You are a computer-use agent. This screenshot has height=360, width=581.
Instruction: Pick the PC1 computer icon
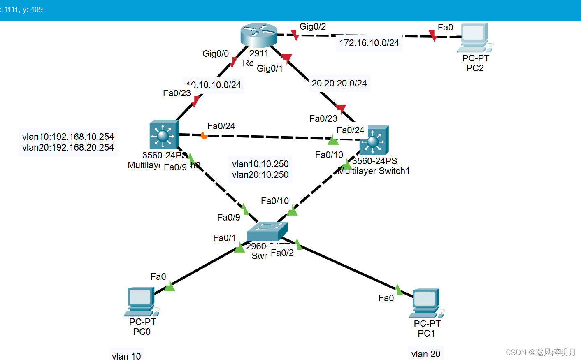426,303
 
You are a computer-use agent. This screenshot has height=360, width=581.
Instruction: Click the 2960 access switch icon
267,231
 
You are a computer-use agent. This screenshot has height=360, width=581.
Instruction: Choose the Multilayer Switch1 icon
374,140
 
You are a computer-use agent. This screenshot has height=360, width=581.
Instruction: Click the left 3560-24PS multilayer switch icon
164,134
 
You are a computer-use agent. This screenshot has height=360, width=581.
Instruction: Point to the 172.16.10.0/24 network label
369,43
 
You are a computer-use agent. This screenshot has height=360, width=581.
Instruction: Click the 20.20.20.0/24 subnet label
339,83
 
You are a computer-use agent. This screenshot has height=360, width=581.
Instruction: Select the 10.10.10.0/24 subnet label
214,85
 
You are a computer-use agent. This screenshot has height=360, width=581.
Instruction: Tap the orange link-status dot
204,135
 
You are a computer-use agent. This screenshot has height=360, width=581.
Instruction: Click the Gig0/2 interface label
313,27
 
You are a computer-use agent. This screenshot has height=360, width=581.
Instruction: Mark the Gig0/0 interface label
216,53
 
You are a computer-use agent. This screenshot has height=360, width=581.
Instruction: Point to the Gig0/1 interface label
270,68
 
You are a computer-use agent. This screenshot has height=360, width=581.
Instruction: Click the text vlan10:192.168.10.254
68,137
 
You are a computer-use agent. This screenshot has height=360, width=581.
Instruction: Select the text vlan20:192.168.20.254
68,147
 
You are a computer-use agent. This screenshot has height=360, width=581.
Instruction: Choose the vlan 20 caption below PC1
426,354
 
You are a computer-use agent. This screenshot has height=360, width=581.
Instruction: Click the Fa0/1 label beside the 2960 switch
224,238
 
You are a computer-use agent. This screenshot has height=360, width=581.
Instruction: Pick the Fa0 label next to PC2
445,28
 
